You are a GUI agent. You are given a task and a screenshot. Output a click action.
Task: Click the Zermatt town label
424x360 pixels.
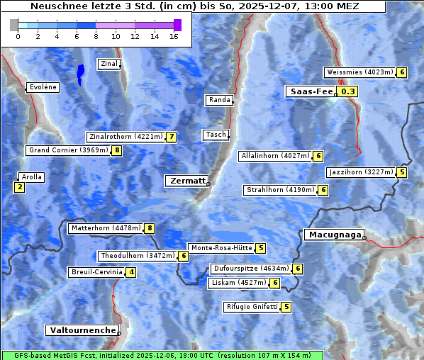click(x=186, y=181)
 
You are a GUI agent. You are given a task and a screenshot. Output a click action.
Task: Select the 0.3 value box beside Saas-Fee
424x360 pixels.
click(x=348, y=91)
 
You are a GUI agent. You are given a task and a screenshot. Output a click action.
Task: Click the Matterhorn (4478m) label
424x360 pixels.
click(x=105, y=228)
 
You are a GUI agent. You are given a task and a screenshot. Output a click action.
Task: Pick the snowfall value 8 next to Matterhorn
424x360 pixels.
click(x=150, y=228)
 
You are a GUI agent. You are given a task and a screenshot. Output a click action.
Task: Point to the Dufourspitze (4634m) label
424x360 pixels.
click(x=251, y=269)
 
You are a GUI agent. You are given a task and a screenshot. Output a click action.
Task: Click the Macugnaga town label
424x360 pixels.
click(x=333, y=235)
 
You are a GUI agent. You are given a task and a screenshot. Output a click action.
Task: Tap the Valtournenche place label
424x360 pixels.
click(x=82, y=330)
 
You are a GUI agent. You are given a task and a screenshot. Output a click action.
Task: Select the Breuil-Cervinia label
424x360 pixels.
click(x=96, y=272)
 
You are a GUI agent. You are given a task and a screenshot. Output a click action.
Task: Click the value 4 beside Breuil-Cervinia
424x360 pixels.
click(x=131, y=272)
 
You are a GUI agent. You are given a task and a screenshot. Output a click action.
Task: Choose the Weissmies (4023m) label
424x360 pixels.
click(x=359, y=72)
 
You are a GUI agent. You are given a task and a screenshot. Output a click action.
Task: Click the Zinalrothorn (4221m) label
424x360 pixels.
click(x=125, y=137)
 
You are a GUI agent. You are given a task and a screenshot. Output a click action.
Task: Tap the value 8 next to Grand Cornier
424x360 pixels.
click(x=117, y=150)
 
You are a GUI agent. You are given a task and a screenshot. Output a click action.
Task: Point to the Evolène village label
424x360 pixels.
click(x=43, y=87)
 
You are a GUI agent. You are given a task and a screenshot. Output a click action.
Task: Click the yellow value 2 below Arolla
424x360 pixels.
click(x=19, y=187)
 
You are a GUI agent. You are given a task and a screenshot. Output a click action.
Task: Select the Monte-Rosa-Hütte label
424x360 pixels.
click(x=221, y=248)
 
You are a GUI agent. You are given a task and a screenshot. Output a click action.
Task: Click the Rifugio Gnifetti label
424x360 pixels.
click(x=251, y=307)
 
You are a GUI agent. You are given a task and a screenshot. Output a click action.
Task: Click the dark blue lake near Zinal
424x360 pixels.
click(x=80, y=73)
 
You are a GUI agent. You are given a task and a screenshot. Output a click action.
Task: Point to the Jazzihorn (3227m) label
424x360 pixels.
click(x=361, y=172)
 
